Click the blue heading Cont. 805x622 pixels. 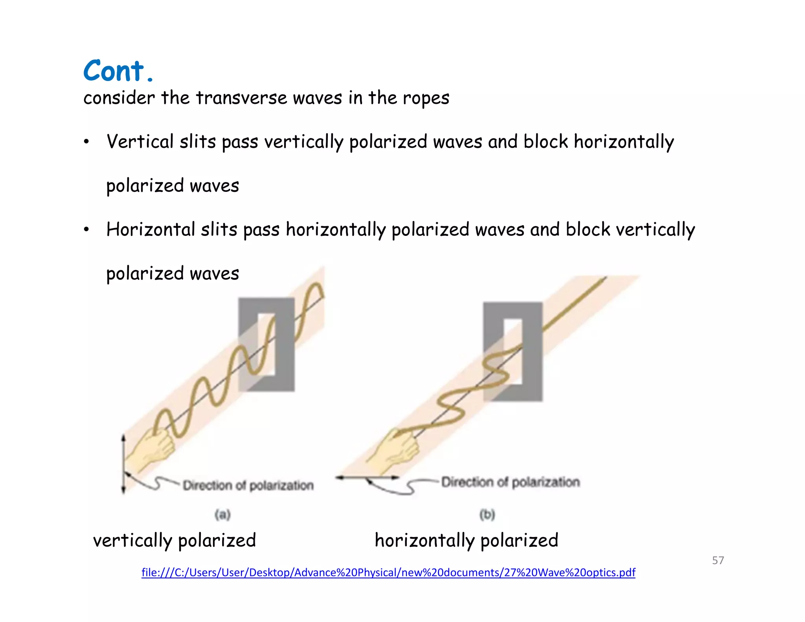click(x=118, y=71)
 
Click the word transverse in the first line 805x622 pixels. click(x=241, y=98)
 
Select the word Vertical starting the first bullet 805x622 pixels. click(x=140, y=142)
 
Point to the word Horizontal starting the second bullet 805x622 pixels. click(x=151, y=230)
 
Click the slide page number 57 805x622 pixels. click(x=718, y=560)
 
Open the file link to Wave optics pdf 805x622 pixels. click(x=388, y=572)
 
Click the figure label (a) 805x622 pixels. click(x=222, y=514)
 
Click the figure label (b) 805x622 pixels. click(x=487, y=514)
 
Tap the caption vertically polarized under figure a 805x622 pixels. click(x=174, y=540)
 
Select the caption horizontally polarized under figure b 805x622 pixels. click(x=466, y=540)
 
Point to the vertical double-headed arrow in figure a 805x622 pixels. click(x=123, y=464)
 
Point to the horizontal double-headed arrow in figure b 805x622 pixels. click(x=367, y=478)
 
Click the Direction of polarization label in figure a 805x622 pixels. click(x=248, y=486)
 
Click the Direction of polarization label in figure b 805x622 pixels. click(x=510, y=482)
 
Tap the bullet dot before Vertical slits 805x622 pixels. click(x=86, y=142)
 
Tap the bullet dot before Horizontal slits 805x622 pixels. click(x=86, y=230)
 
